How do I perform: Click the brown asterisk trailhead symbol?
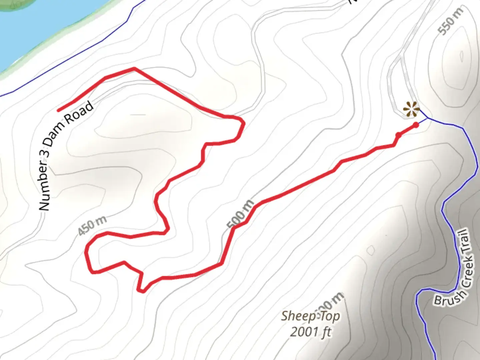coord(411,109)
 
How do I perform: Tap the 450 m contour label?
coord(92,226)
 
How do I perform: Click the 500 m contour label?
coord(240,214)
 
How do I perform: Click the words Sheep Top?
coord(310,316)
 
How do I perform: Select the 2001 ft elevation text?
coord(311,332)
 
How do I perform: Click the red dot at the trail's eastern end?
coord(416,125)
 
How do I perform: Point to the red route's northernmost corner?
coord(134,69)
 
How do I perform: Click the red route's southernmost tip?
coord(142,291)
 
